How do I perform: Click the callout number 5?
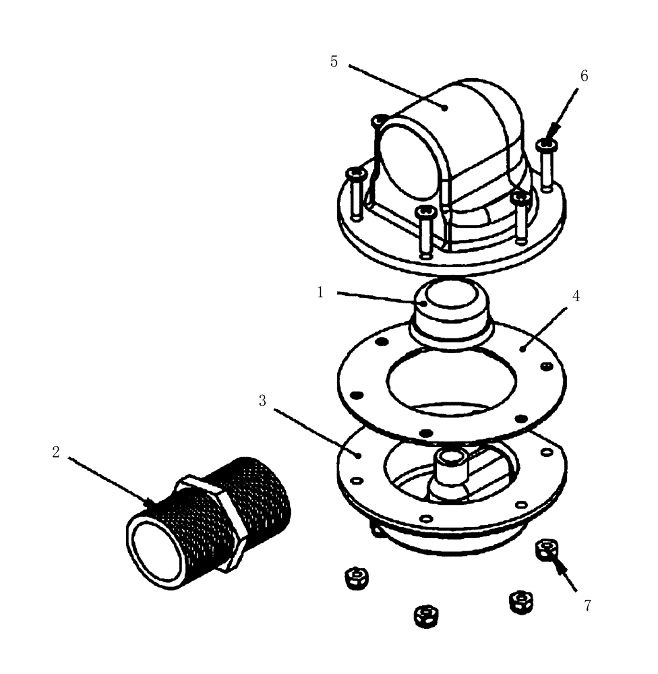pos(334,62)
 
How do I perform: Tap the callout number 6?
pos(584,76)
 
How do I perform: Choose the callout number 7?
pos(587,605)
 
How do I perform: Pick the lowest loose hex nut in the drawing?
pos(423,614)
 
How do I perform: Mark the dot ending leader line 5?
pos(445,106)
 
